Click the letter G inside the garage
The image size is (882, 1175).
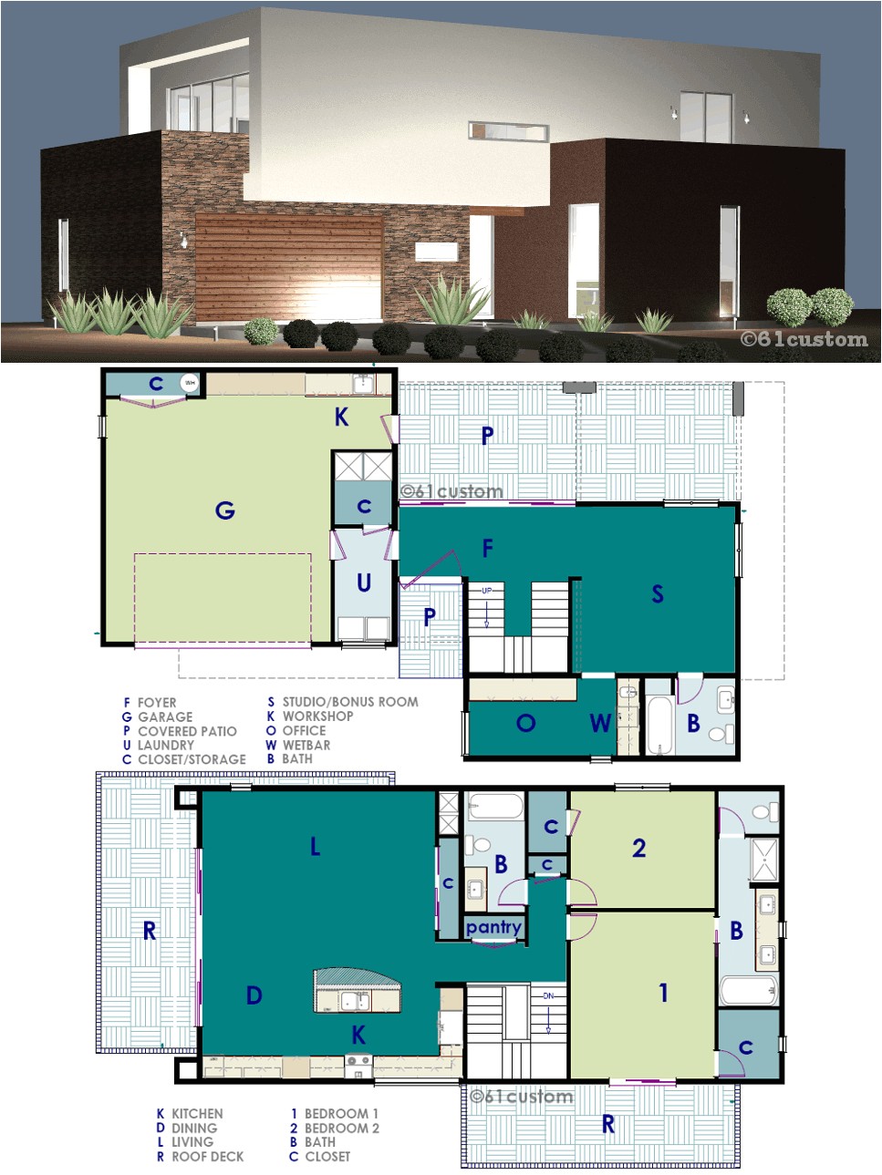pyautogui.click(x=224, y=510)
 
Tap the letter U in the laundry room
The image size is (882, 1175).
pyautogui.click(x=364, y=583)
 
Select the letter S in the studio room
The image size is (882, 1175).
pyautogui.click(x=658, y=594)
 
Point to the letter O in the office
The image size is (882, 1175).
pyautogui.click(x=525, y=724)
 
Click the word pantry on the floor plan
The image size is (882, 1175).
pyautogui.click(x=493, y=927)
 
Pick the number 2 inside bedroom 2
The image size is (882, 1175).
pyautogui.click(x=639, y=849)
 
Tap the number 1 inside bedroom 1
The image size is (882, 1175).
pyautogui.click(x=663, y=993)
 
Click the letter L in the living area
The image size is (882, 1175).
pyautogui.click(x=316, y=847)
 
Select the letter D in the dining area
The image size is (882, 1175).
pyautogui.click(x=254, y=995)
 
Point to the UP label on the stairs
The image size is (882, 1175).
pyautogui.click(x=487, y=591)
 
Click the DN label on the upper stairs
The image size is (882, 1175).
pyautogui.click(x=548, y=996)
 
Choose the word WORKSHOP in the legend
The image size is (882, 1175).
pyautogui.click(x=317, y=716)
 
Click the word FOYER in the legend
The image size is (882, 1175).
pyautogui.click(x=157, y=703)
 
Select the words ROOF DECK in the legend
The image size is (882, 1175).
pyautogui.click(x=208, y=1157)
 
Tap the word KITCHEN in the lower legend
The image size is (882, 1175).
pyautogui.click(x=197, y=1114)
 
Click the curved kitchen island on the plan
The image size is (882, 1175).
pyautogui.click(x=357, y=990)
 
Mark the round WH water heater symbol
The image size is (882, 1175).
pyautogui.click(x=190, y=383)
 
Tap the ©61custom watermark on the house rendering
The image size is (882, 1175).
pyautogui.click(x=804, y=339)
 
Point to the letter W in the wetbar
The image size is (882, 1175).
pyautogui.click(x=599, y=724)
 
